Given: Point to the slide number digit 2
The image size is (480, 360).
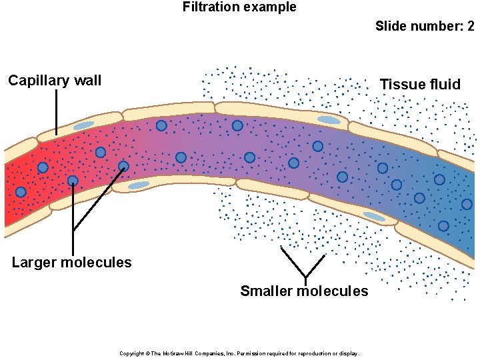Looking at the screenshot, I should coord(471,27).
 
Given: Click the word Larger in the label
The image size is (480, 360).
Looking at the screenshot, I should coord(34,263).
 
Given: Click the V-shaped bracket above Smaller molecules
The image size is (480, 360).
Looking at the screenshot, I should coord(305,265).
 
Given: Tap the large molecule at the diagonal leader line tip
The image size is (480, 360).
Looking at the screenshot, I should coord(123,166).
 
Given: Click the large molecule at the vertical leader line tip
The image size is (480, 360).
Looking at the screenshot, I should coord(73,181).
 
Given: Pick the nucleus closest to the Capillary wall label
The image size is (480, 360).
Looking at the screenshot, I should coord(84,125).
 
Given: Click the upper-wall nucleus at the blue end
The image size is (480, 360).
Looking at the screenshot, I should coord(329,120).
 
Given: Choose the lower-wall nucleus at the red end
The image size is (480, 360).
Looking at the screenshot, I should coord(139,185).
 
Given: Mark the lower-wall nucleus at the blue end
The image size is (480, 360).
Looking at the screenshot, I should coord(374,217).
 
